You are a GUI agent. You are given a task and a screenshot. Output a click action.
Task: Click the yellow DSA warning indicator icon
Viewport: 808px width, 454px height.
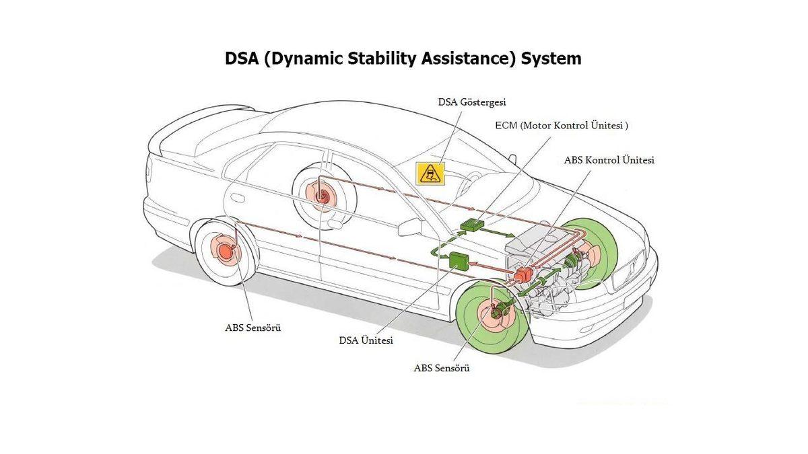(430, 174)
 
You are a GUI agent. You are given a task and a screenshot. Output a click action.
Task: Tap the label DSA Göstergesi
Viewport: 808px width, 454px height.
(471, 102)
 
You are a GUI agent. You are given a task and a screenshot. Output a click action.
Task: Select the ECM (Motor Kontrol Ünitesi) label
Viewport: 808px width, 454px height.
(562, 125)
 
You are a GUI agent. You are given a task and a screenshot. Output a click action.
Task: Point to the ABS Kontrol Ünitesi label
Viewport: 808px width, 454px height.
(609, 160)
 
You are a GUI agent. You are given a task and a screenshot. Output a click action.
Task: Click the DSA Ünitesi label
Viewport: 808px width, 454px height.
(366, 340)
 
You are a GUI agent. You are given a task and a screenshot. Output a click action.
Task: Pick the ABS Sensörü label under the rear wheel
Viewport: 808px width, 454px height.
(252, 328)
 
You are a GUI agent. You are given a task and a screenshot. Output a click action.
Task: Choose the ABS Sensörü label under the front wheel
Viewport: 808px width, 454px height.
(441, 368)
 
